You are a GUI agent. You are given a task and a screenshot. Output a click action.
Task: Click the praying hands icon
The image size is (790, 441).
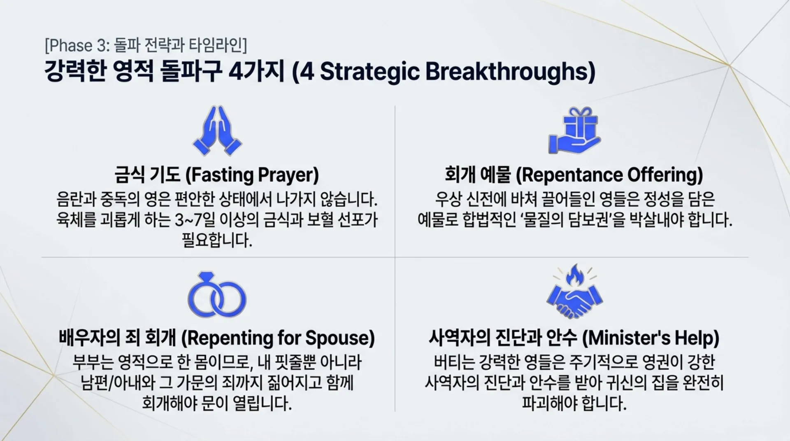[217, 131]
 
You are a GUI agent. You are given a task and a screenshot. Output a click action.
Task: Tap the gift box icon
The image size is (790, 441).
[575, 131]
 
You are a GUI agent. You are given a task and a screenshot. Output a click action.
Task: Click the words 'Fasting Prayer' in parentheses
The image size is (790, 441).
[252, 175]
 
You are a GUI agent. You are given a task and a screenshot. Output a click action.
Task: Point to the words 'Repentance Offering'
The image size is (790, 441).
[609, 175]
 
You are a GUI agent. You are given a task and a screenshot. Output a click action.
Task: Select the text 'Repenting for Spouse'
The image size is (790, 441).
[278, 338]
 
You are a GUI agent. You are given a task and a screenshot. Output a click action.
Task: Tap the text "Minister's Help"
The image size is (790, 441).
[651, 338]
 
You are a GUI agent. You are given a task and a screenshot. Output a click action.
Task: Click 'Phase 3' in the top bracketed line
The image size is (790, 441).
[77, 46]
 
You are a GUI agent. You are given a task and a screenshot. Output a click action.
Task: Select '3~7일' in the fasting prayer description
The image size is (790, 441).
[195, 220]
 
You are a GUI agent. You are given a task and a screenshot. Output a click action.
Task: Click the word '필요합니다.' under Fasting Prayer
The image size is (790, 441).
[217, 240]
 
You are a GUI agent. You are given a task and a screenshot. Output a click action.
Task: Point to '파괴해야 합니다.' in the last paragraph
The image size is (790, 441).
[574, 403]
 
